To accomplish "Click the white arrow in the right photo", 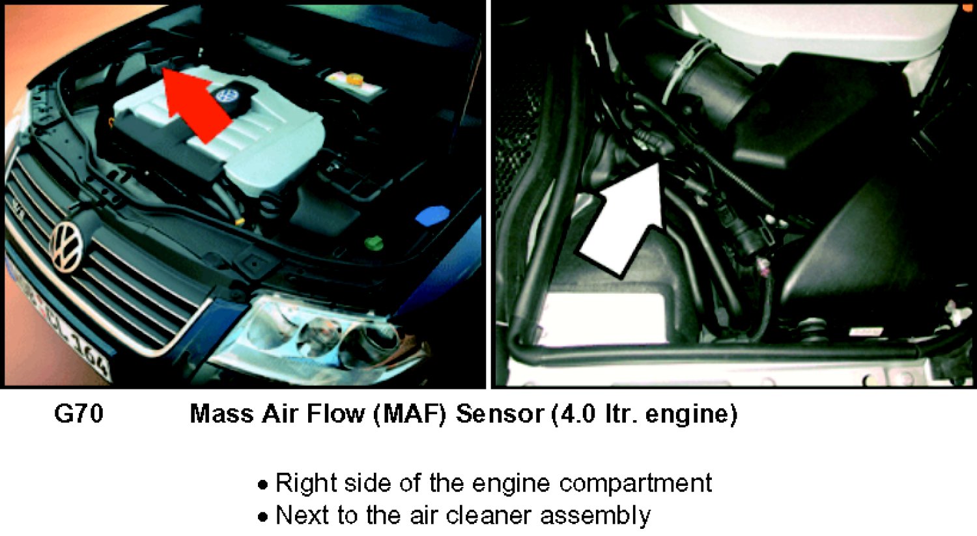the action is (x=621, y=219).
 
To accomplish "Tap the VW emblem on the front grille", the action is (x=66, y=247).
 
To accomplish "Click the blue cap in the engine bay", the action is (x=432, y=216).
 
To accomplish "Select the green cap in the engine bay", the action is (x=374, y=243).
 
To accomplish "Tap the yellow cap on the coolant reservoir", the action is (x=354, y=80).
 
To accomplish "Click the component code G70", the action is (x=79, y=414).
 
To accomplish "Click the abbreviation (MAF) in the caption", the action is (x=410, y=414).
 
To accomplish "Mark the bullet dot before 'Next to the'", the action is (x=262, y=517).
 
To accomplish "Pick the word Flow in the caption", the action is (x=335, y=414).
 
